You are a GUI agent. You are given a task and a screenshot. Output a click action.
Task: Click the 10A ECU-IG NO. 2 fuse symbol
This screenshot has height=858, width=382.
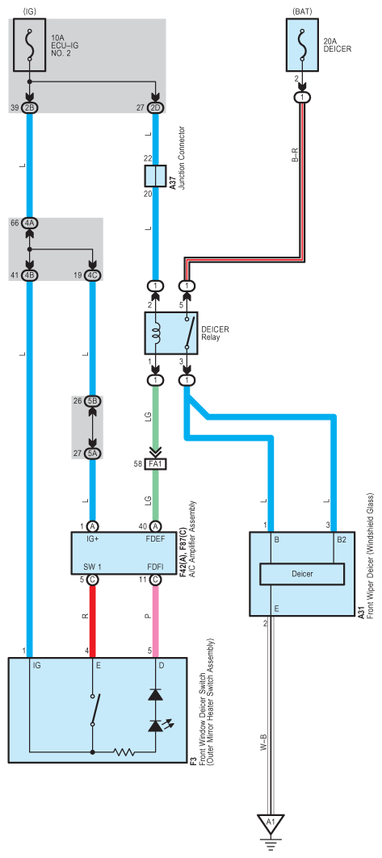click(30, 45)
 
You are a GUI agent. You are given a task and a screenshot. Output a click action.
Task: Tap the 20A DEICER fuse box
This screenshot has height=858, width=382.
click(302, 45)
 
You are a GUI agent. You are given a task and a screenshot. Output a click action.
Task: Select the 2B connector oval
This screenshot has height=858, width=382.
click(30, 108)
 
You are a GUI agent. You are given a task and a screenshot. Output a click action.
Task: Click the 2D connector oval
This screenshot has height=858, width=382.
click(157, 108)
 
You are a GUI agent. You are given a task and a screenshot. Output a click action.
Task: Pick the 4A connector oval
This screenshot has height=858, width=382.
click(30, 224)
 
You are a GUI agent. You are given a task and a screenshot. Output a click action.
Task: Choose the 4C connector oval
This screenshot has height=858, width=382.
click(93, 275)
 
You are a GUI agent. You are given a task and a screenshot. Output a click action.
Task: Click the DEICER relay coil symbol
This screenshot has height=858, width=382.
click(157, 333)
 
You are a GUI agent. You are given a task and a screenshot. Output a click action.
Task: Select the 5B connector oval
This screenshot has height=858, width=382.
click(93, 402)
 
